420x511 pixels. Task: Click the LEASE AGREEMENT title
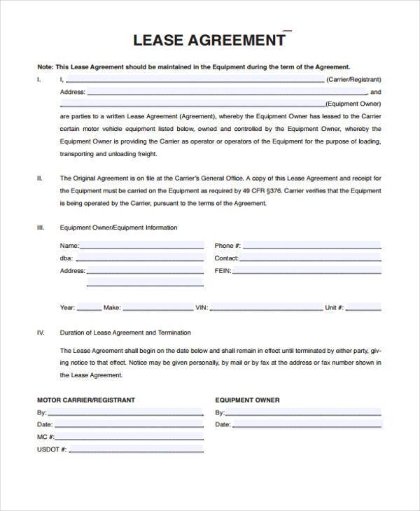(209, 40)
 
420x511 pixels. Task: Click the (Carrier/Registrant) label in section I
(353, 80)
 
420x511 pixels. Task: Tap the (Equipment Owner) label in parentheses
(355, 104)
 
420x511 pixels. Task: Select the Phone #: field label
(227, 246)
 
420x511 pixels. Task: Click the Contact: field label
(226, 258)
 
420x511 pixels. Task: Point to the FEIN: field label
(223, 271)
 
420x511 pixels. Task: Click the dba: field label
(66, 258)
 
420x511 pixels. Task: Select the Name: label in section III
(69, 246)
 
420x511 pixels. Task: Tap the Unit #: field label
(334, 307)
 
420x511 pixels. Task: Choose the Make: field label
(112, 307)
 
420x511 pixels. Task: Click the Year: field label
(67, 307)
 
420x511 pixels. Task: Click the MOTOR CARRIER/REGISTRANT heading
(85, 400)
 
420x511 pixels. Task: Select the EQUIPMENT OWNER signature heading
(247, 400)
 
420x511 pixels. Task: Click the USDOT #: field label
(51, 449)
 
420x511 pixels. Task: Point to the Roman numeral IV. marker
(41, 332)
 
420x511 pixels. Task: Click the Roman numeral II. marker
(39, 178)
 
